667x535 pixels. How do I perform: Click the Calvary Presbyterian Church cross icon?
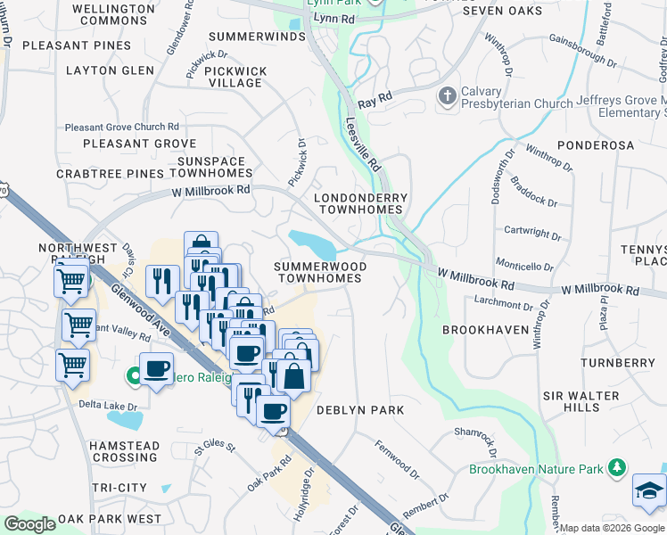tap(447, 95)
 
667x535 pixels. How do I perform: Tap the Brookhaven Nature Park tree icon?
tap(616, 468)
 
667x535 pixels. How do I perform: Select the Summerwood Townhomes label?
tap(319, 272)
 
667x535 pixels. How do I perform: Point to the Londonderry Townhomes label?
tap(361, 203)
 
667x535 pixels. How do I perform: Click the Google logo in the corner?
tap(29, 524)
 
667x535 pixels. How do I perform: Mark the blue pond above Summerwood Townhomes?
tap(311, 242)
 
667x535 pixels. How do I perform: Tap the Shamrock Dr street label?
tap(473, 433)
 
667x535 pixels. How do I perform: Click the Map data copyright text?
tap(612, 528)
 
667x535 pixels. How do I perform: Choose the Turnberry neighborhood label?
tap(617, 363)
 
